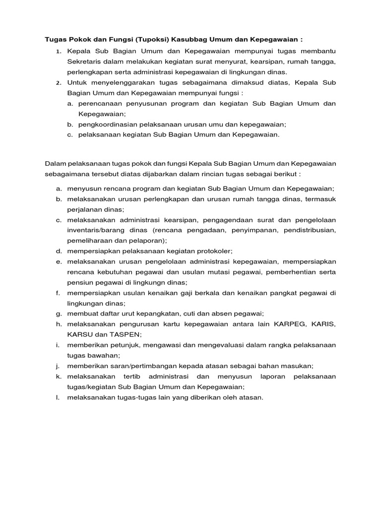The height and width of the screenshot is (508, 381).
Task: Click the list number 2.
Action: [58, 82]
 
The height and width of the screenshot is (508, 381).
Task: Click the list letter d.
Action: [58, 251]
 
